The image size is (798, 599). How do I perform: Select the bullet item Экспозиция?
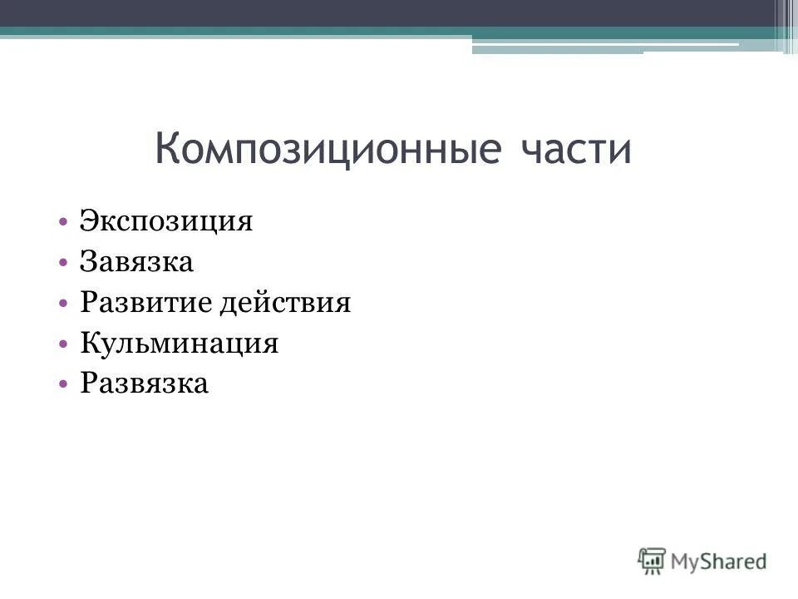[165, 222]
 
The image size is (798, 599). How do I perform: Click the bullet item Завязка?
[136, 263]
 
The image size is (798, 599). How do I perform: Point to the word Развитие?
[145, 303]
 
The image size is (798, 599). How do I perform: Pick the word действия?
[285, 304]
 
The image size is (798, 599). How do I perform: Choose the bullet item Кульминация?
[179, 343]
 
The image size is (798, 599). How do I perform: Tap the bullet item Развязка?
[144, 384]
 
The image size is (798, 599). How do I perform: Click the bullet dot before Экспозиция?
[64, 223]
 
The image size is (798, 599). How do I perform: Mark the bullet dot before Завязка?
[64, 264]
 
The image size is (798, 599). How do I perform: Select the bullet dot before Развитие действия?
[64, 304]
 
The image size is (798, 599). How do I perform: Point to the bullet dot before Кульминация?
[64, 344]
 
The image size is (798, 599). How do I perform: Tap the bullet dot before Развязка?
[64, 384]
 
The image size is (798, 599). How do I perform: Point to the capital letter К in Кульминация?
[89, 343]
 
